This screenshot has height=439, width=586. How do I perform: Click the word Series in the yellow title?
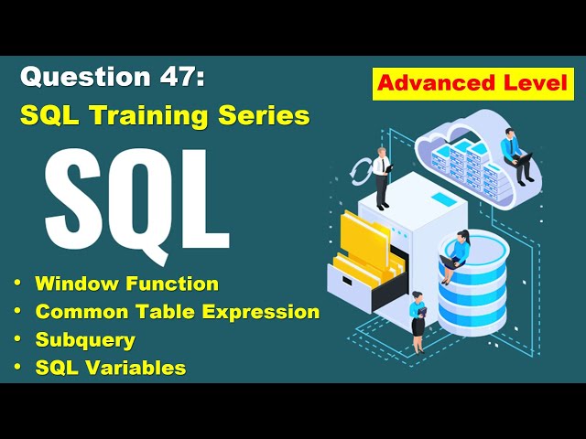point(266,116)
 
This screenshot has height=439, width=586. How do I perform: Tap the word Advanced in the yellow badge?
point(430,84)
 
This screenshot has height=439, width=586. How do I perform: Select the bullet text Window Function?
point(126,284)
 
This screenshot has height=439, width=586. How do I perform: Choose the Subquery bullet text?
point(85,340)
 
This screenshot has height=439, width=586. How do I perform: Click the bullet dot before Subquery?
point(18,340)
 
